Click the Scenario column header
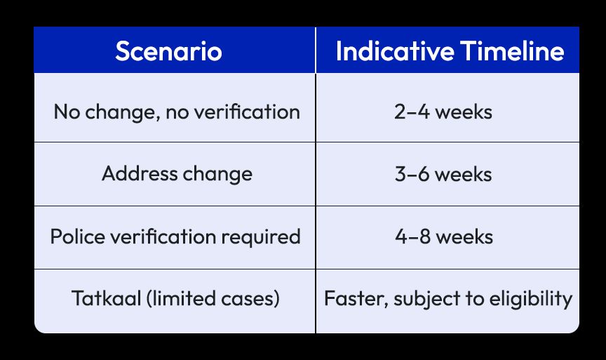coord(168,51)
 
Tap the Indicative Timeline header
coord(450,51)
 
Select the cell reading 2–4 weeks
coord(443,112)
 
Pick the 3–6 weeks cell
coord(443,173)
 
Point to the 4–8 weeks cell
coord(443,236)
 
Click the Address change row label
coord(177,173)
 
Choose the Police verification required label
coord(175,236)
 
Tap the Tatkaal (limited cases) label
coord(176,298)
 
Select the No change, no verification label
coord(177,112)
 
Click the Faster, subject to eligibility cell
coord(448,298)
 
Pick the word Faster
coord(354,298)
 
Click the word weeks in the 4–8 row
coord(464,236)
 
